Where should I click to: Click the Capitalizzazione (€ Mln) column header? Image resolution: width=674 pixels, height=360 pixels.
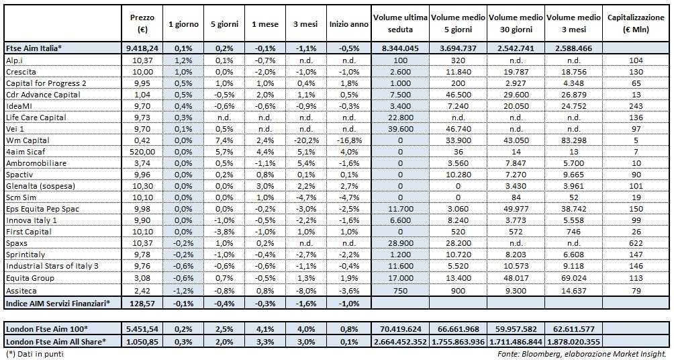point(636,24)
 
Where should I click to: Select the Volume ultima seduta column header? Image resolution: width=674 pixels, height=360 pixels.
point(400,24)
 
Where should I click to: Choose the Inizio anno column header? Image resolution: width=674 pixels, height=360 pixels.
point(347,24)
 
